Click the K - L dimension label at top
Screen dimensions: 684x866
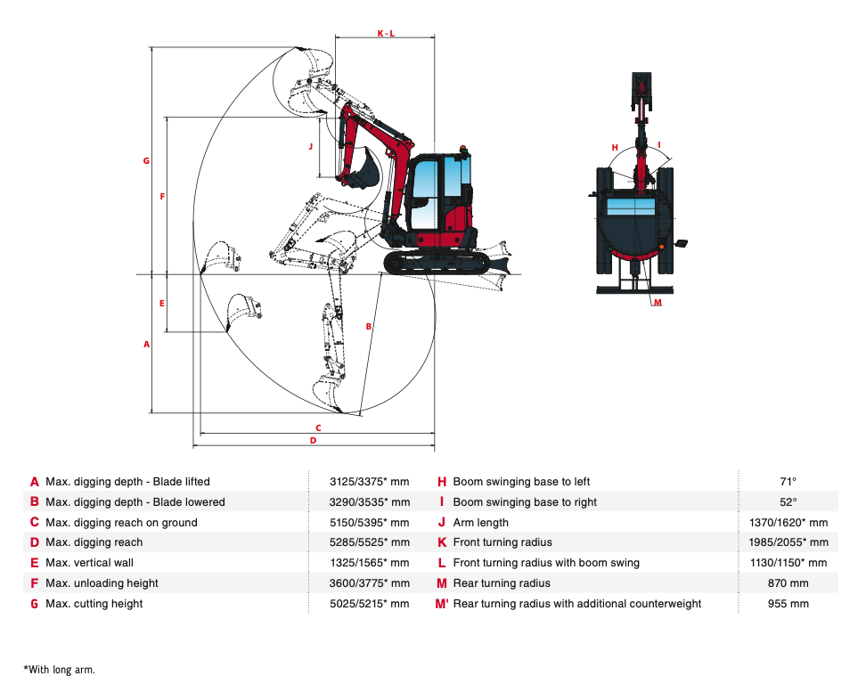(x=385, y=34)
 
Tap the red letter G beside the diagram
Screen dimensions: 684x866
(x=146, y=161)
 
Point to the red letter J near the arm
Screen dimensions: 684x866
(x=311, y=145)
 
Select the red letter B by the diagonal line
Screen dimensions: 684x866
(x=368, y=327)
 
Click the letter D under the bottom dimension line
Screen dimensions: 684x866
(x=313, y=440)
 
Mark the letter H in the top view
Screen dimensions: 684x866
(x=615, y=147)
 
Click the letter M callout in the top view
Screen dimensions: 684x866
(x=658, y=303)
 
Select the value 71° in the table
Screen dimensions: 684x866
(x=788, y=482)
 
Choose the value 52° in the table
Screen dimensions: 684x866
(x=788, y=502)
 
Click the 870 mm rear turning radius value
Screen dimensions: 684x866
(x=788, y=583)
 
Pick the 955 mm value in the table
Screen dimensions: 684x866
(x=788, y=604)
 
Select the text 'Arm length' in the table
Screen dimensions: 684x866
(x=480, y=523)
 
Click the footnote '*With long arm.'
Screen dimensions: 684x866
(x=59, y=669)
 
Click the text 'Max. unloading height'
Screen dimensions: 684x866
(x=102, y=583)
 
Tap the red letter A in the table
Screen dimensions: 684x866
(x=35, y=482)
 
